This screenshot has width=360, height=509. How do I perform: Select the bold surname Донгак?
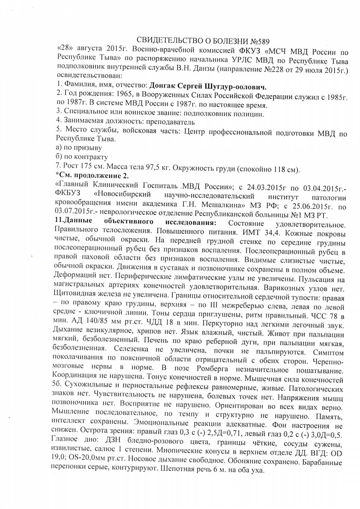pos(163,84)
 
